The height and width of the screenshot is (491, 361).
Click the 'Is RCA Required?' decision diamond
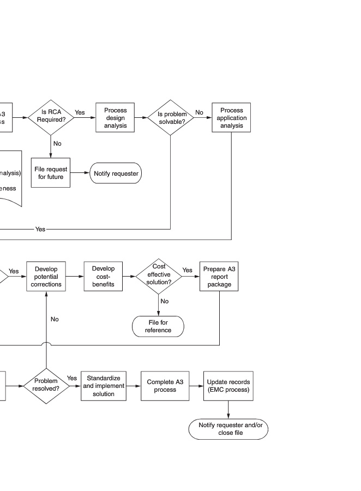[x=51, y=117]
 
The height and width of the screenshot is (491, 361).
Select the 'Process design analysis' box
[x=115, y=118]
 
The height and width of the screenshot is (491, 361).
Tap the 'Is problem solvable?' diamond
[x=171, y=118]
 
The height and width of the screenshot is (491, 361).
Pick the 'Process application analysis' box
[x=231, y=118]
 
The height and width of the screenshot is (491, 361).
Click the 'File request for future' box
[x=51, y=173]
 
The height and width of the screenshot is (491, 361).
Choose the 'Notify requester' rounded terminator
[x=116, y=173]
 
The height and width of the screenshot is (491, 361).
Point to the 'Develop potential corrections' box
[x=46, y=277]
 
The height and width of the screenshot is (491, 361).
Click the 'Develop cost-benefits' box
[x=103, y=277]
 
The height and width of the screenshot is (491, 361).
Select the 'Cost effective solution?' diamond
[x=159, y=277]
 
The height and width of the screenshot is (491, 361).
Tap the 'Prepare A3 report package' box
[x=219, y=277]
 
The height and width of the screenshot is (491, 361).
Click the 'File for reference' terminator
[x=158, y=327]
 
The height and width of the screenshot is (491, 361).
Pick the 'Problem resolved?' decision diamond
[x=46, y=386]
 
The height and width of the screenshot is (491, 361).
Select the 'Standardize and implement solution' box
[x=103, y=386]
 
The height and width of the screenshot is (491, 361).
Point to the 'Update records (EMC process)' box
[x=228, y=386]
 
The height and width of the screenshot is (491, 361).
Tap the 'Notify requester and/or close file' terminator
[x=228, y=429]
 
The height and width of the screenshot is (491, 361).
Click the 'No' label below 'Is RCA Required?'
[x=57, y=143]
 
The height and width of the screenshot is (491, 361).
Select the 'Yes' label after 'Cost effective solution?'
[x=187, y=270]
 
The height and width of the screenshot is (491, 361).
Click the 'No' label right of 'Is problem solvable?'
[x=199, y=112]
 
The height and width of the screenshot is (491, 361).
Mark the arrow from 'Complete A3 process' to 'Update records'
[x=196, y=386]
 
